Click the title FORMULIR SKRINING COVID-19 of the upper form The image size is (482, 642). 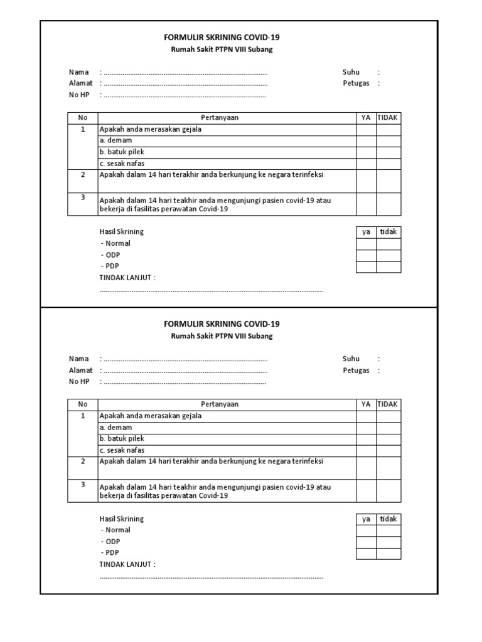222,38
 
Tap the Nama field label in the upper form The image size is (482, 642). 78,72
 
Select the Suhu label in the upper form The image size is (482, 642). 351,72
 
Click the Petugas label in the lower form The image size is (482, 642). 356,371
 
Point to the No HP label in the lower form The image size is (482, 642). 79,382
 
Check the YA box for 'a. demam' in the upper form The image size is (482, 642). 366,141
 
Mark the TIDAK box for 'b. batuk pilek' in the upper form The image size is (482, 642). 388,152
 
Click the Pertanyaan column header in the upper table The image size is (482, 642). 220,118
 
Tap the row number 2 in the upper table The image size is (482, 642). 83,175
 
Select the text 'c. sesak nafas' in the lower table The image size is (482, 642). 122,451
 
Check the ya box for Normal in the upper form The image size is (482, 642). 366,243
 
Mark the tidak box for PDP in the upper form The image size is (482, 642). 388,267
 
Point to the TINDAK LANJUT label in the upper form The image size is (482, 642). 127,278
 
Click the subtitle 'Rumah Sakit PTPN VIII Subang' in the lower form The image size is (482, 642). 222,336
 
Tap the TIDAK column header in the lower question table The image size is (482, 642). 388,404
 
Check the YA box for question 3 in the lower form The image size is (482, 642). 366,491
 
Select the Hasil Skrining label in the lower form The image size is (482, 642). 122,519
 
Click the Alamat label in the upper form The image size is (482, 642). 81,83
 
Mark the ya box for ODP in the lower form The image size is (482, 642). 366,542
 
